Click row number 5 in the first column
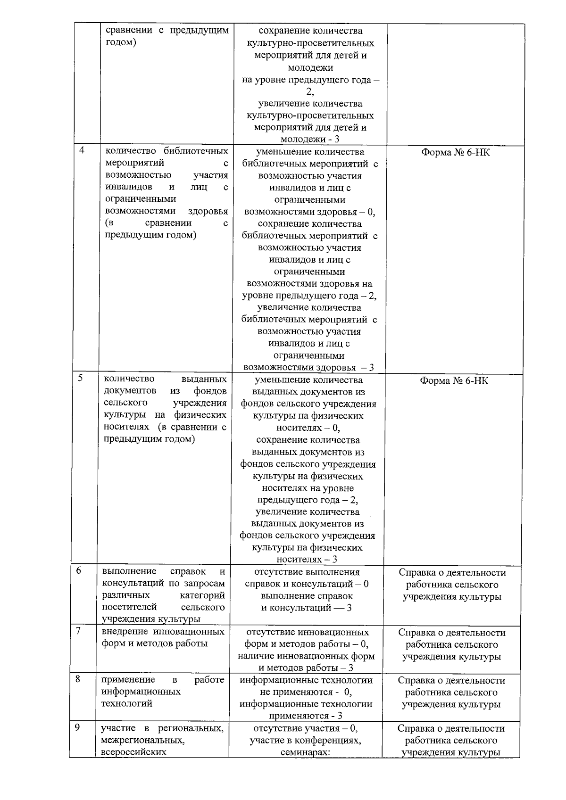pos(81,378)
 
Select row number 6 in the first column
pos(79,570)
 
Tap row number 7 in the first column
pos(78,631)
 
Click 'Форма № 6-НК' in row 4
pos(455,152)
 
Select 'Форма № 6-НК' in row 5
pos(454,380)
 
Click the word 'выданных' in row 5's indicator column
pos(204,379)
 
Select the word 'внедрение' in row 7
pos(122,632)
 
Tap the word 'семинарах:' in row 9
pos(305,753)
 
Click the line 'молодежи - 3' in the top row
pos(310,140)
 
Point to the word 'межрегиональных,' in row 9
pos(143,740)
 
